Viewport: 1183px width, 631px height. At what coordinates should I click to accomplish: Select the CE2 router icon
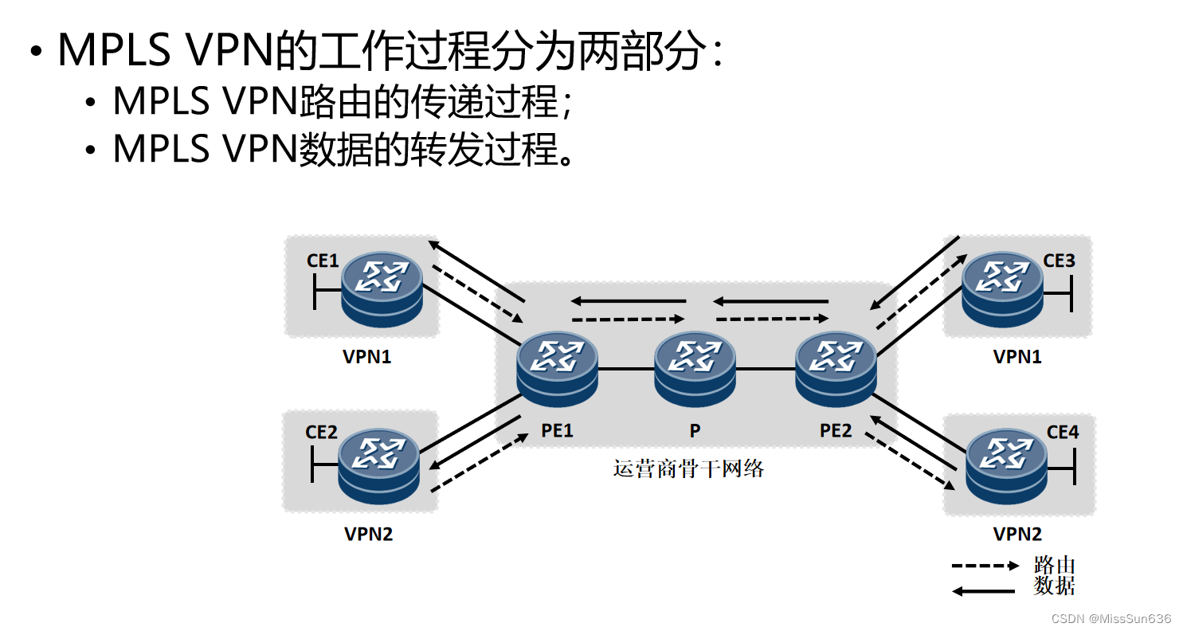coord(378,466)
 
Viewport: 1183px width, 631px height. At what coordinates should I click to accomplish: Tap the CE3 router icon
coord(1002,289)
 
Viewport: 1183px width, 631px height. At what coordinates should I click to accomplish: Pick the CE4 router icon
coord(1005,466)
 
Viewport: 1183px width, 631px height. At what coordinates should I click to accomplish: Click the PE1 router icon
coord(557,370)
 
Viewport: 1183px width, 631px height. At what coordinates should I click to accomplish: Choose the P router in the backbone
coord(695,370)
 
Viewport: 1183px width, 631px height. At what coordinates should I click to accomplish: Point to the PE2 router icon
coord(836,370)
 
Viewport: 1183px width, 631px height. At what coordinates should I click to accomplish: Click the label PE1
coord(557,431)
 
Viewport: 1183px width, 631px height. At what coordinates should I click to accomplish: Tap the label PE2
coord(836,431)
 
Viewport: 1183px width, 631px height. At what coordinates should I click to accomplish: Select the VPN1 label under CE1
coord(367,357)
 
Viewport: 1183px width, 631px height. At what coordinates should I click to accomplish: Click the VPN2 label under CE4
coord(1017,534)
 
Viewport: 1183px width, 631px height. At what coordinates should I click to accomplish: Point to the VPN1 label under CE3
coord(1017,357)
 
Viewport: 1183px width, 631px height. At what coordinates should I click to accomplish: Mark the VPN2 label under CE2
coord(368,534)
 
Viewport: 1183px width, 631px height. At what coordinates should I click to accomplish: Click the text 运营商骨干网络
coord(688,469)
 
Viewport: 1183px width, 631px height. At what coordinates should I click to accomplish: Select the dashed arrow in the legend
coord(985,566)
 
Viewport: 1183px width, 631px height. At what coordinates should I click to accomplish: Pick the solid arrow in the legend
coord(985,591)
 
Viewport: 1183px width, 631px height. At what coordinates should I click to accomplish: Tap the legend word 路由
coord(1054,566)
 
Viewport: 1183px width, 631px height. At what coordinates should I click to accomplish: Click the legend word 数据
coord(1054,587)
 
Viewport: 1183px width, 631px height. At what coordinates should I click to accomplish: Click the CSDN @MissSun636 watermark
coord(1111,619)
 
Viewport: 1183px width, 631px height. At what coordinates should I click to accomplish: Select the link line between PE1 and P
coord(626,370)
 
